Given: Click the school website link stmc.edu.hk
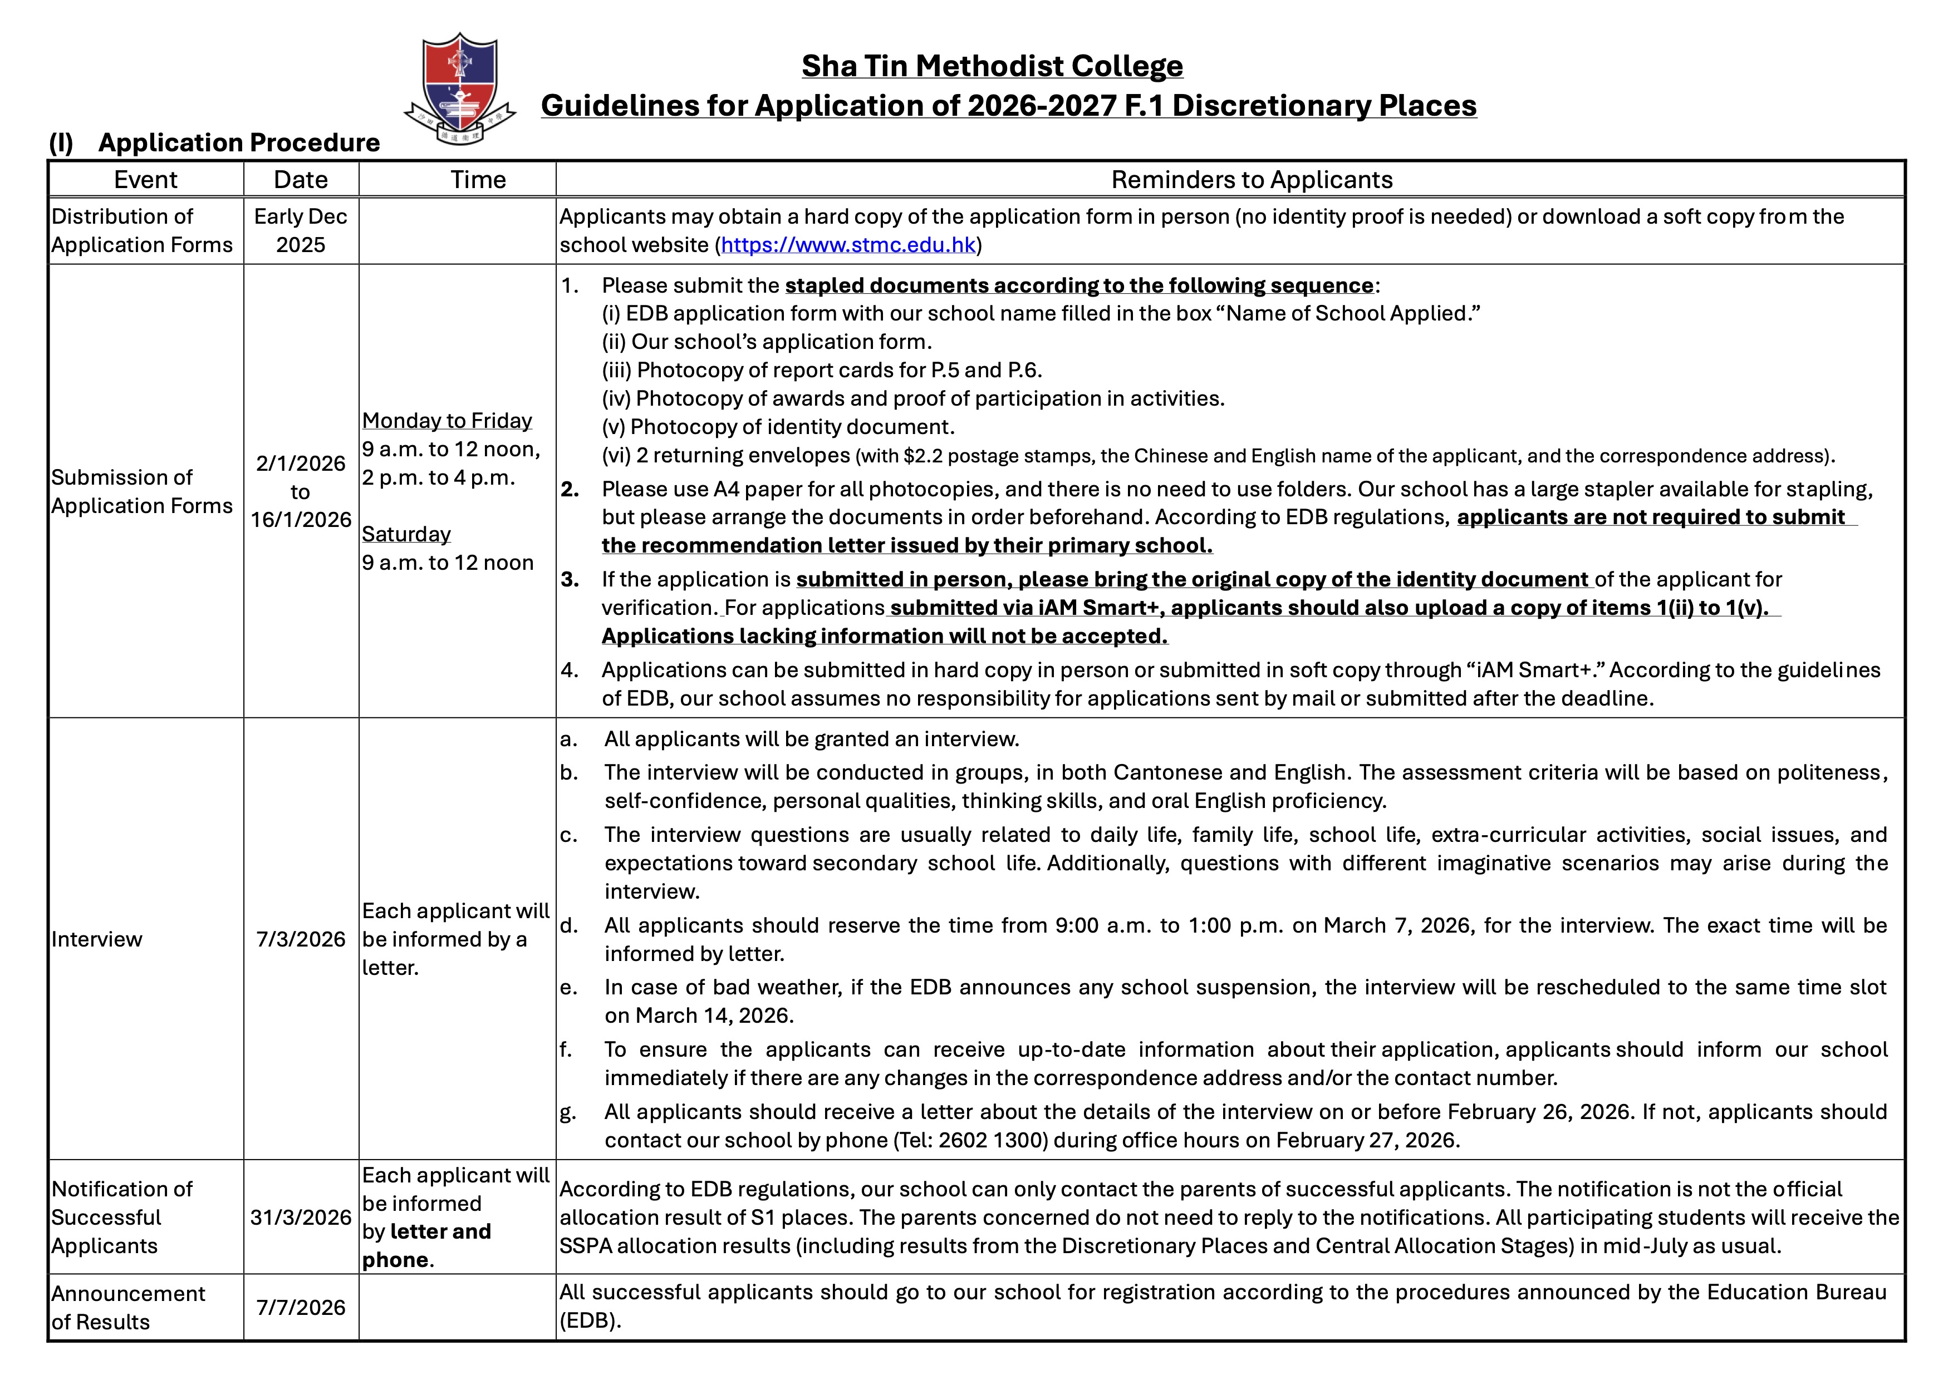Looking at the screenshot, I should [x=848, y=245].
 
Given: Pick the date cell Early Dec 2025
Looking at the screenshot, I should [x=300, y=230].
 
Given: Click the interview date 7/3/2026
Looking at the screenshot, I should [x=300, y=939].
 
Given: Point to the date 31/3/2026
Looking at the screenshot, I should [x=300, y=1218].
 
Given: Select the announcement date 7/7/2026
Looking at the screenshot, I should [x=300, y=1307].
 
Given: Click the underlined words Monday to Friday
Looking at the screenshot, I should [x=446, y=421].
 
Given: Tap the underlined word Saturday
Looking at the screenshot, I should [x=406, y=534].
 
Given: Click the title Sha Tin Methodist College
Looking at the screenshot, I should [x=992, y=66].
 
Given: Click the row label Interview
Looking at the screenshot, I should [x=97, y=939].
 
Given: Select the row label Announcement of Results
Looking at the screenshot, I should [x=127, y=1308].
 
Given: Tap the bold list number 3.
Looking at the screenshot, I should [x=570, y=580].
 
